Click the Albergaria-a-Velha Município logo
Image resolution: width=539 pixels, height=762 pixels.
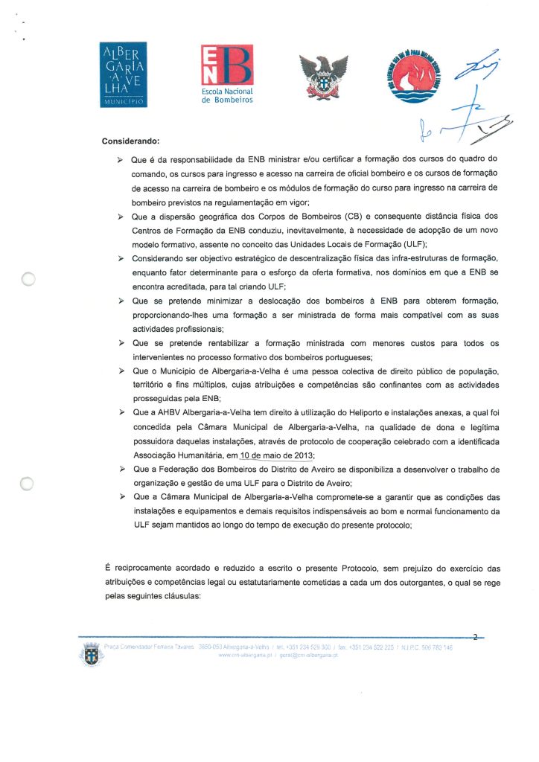click(x=125, y=75)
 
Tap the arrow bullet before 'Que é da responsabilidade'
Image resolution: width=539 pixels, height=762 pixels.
click(x=120, y=160)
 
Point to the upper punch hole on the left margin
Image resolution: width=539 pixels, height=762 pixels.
click(x=28, y=280)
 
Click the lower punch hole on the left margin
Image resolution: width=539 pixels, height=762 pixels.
click(x=28, y=483)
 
